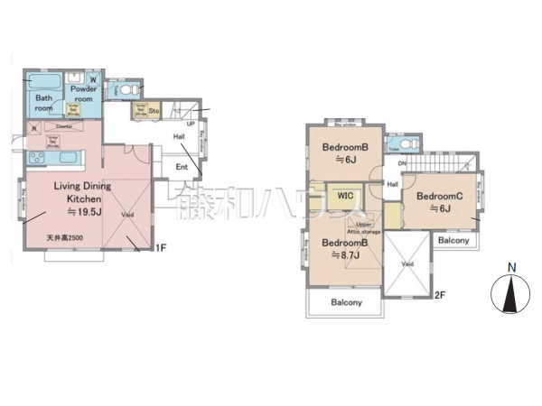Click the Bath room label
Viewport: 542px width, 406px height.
pyautogui.click(x=44, y=103)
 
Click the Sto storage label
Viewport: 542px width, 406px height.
pyautogui.click(x=154, y=111)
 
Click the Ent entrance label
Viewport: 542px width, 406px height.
pyautogui.click(x=182, y=167)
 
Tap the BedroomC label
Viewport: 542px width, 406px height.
pyautogui.click(x=439, y=196)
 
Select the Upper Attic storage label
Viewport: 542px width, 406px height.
pyautogui.click(x=369, y=228)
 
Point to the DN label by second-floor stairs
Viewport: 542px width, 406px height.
pyautogui.click(x=402, y=163)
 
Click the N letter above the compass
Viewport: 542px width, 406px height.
pyautogui.click(x=510, y=267)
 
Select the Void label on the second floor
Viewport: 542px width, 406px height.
pyautogui.click(x=407, y=264)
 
